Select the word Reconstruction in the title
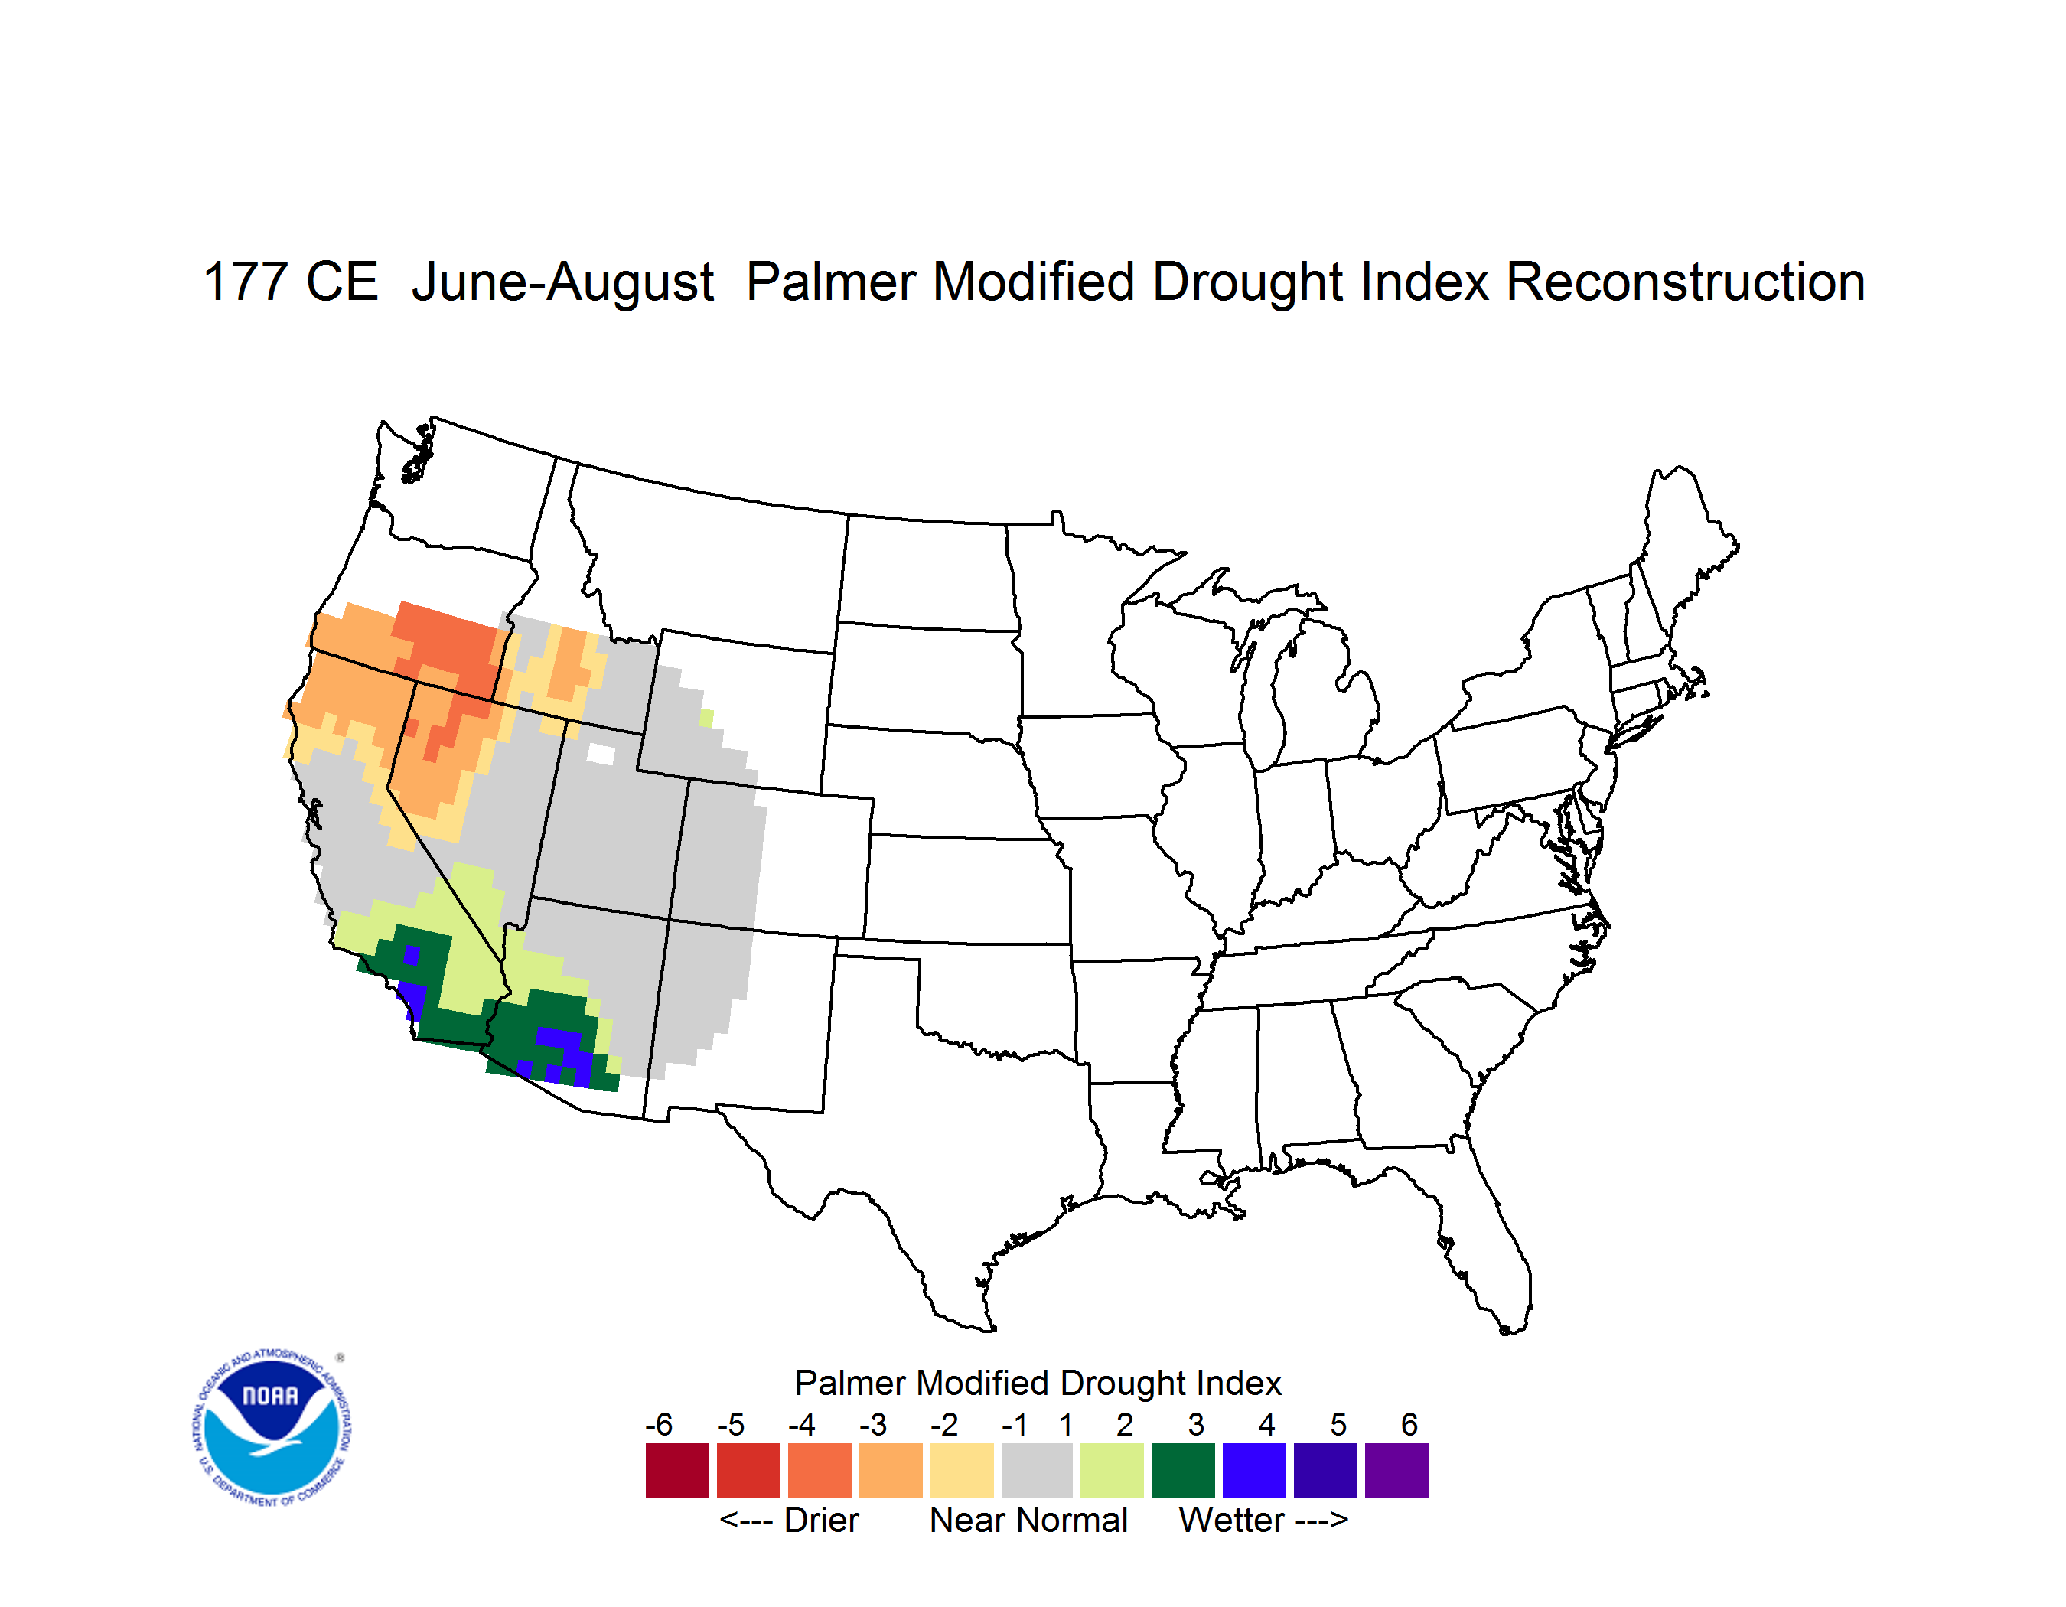[x=1685, y=282]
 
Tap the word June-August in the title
[x=563, y=282]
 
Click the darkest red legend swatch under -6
[x=677, y=1470]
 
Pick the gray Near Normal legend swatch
[x=1037, y=1470]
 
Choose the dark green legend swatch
[x=1182, y=1470]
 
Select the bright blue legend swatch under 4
[x=1254, y=1470]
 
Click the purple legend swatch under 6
[x=1396, y=1470]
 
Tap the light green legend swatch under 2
[x=1112, y=1470]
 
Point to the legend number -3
[x=872, y=1424]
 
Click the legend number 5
[x=1338, y=1424]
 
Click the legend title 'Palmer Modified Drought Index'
[x=1038, y=1383]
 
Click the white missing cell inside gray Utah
[x=601, y=754]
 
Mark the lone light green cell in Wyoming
[x=706, y=718]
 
